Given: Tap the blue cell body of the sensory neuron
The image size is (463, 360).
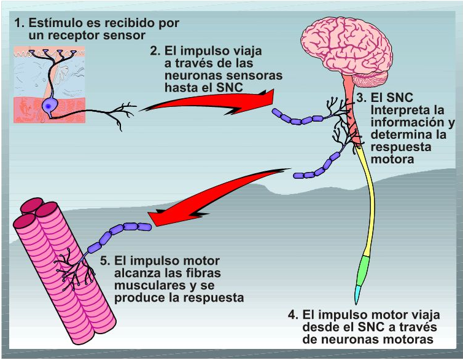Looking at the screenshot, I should click(x=48, y=106).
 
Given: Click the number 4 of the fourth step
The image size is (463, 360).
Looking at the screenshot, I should click(x=292, y=315).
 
